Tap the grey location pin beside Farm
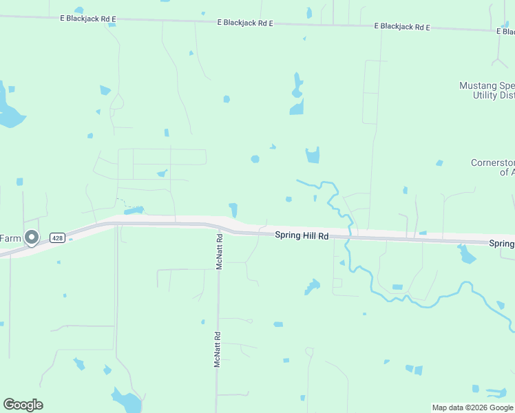32,238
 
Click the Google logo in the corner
23,405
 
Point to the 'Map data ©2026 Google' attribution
472,407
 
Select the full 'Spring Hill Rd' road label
302,235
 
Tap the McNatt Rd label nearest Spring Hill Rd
220,252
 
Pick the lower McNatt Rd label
217,350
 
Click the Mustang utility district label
487,90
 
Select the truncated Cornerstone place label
492,167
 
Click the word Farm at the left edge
10,238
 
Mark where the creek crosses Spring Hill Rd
350,233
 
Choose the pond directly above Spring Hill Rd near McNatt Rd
233,209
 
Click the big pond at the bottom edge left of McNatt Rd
127,399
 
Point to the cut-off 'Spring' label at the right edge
502,244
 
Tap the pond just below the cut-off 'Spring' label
467,255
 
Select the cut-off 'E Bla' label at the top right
506,31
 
